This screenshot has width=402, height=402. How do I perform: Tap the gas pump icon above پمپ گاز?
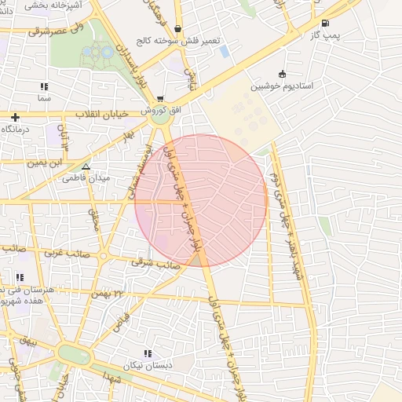326,23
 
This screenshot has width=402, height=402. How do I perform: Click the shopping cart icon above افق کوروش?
160,100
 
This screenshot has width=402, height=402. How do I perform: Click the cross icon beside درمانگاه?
15,117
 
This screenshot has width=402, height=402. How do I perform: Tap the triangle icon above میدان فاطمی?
86,166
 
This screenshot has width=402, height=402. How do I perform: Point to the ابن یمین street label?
46,163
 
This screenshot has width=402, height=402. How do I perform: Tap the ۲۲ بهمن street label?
109,293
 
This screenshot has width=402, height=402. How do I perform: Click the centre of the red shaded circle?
201,201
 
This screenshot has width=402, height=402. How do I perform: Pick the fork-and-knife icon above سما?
44,87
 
